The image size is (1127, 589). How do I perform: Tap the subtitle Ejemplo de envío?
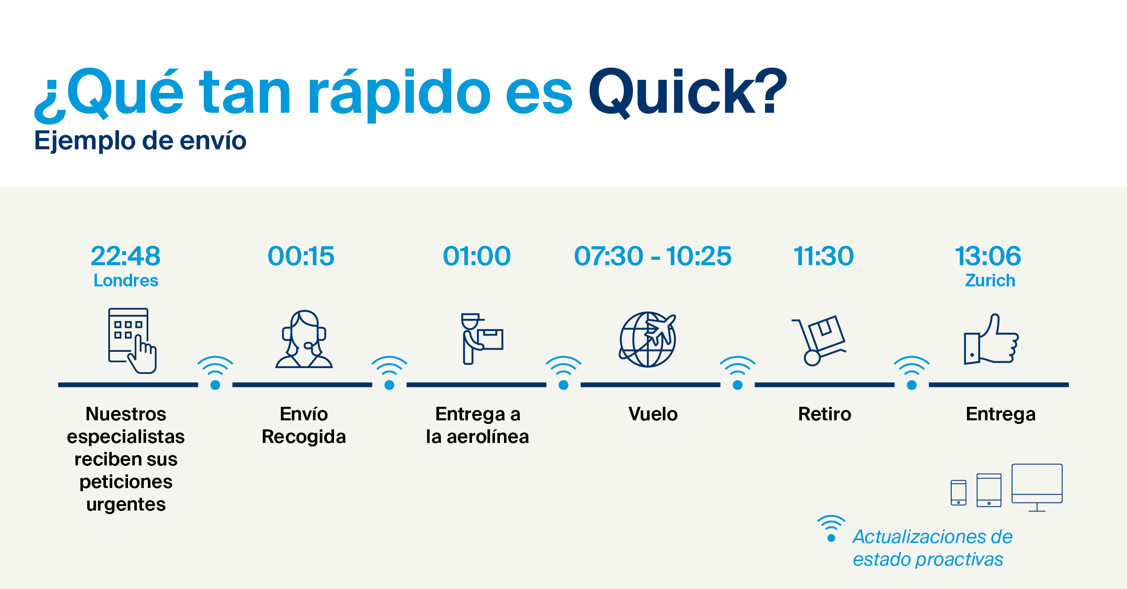(x=140, y=140)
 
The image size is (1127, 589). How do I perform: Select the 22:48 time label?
(x=126, y=256)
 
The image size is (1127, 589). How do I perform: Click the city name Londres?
(x=126, y=281)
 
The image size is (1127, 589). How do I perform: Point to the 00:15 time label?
(x=301, y=256)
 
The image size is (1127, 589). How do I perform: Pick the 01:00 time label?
(x=477, y=256)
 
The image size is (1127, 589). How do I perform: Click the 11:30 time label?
(x=824, y=256)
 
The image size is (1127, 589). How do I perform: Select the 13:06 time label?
(x=988, y=256)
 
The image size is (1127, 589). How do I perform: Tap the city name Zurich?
(x=990, y=281)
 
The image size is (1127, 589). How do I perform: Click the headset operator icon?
(x=304, y=339)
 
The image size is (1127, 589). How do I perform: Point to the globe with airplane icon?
(x=648, y=339)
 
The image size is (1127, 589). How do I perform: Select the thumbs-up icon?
(x=991, y=339)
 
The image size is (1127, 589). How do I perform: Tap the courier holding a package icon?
(x=481, y=339)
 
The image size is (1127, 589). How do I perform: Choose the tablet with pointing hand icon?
(x=132, y=341)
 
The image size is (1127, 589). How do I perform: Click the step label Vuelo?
(x=653, y=414)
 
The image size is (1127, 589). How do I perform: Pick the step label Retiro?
(x=825, y=414)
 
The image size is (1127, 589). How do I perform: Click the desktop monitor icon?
(x=1037, y=488)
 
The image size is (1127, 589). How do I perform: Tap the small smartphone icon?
(x=958, y=492)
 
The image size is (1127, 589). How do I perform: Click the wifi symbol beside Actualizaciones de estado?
(x=831, y=528)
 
